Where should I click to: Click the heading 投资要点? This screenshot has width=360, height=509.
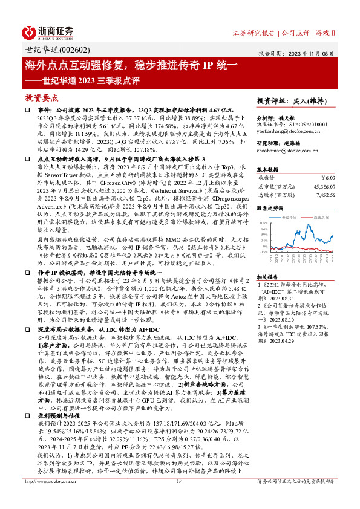41,97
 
